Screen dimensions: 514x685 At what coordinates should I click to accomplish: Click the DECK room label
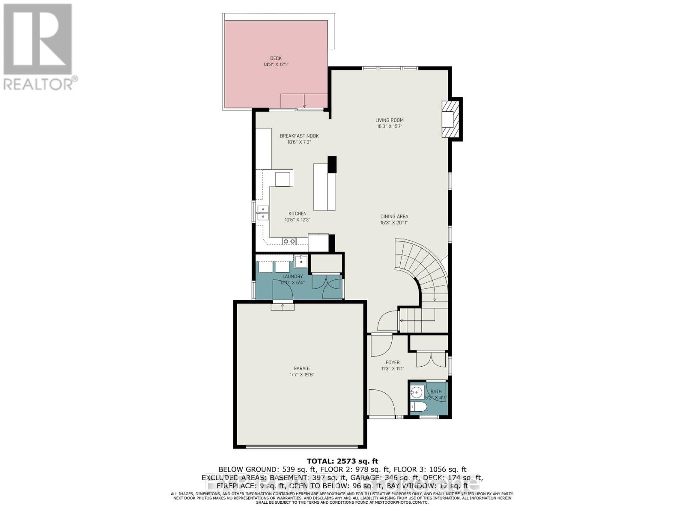pyautogui.click(x=276, y=58)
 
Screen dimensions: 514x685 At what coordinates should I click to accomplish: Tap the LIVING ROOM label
pyautogui.click(x=390, y=120)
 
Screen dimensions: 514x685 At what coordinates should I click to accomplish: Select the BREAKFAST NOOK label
pyautogui.click(x=299, y=136)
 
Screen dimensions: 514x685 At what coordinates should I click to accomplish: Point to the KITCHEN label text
pyautogui.click(x=297, y=214)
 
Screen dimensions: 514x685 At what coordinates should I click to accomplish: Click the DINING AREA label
pyautogui.click(x=394, y=217)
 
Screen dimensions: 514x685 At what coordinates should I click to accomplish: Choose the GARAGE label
pyautogui.click(x=302, y=368)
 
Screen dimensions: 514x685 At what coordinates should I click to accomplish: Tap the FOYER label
pyautogui.click(x=393, y=363)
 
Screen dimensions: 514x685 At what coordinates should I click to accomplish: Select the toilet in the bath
pyautogui.click(x=417, y=406)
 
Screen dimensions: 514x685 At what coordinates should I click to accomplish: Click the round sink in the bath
pyautogui.click(x=416, y=391)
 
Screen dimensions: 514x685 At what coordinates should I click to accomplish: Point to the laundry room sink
pyautogui.click(x=301, y=260)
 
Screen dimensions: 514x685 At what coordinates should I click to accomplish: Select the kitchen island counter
pyautogui.click(x=324, y=187)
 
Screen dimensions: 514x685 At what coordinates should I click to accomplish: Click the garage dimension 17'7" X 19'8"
pyautogui.click(x=302, y=375)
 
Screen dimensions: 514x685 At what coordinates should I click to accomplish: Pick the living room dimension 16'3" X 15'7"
pyautogui.click(x=390, y=127)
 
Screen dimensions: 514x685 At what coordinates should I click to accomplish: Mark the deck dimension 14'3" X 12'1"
pyautogui.click(x=276, y=65)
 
